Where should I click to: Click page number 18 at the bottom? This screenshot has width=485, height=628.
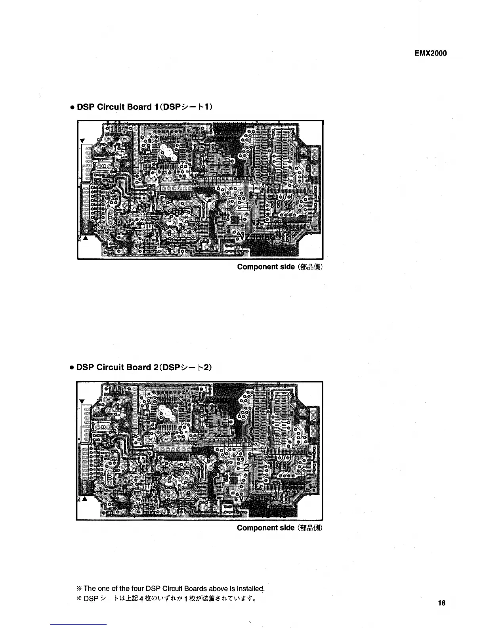pyautogui.click(x=442, y=603)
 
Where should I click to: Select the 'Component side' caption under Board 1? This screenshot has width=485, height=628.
pyautogui.click(x=265, y=267)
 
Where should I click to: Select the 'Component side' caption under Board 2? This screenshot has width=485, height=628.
pyautogui.click(x=265, y=528)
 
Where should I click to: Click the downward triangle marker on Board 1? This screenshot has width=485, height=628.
pyautogui.click(x=82, y=141)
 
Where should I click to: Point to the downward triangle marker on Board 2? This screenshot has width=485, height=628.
pyautogui.click(x=82, y=401)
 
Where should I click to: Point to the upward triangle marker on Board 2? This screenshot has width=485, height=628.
pyautogui.click(x=84, y=499)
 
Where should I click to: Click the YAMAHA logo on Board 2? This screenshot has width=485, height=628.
pyautogui.click(x=224, y=400)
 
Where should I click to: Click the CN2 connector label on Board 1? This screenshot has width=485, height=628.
pyautogui.click(x=79, y=239)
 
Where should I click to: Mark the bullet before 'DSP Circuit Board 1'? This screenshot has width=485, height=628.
pyautogui.click(x=71, y=107)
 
